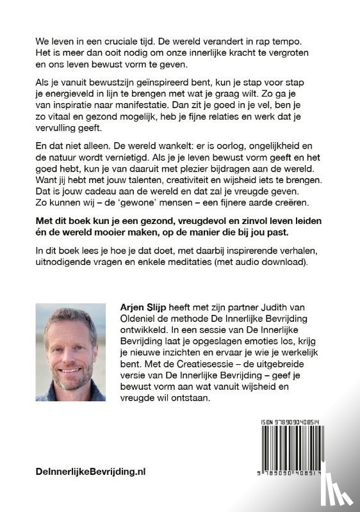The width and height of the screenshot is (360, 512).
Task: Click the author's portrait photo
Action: coord(70,352)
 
